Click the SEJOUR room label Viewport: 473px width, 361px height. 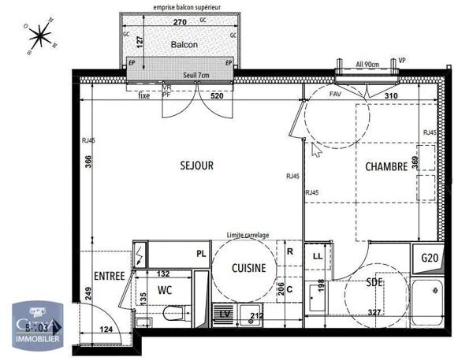coord(197,166)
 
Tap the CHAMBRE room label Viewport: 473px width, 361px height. coord(385,166)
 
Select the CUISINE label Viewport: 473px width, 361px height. coord(248,268)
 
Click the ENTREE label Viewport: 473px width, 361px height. coord(109,276)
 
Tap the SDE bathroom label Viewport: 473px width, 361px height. coord(375,283)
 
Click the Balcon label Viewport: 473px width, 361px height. coord(183,45)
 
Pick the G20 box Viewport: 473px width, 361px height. coord(430,258)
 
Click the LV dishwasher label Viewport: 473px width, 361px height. coord(225,314)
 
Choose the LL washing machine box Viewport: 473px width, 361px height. coord(318,256)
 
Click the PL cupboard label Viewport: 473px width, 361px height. coord(201,254)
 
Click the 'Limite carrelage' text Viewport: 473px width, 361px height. coord(248,235)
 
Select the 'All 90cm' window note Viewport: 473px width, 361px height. coord(367,63)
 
